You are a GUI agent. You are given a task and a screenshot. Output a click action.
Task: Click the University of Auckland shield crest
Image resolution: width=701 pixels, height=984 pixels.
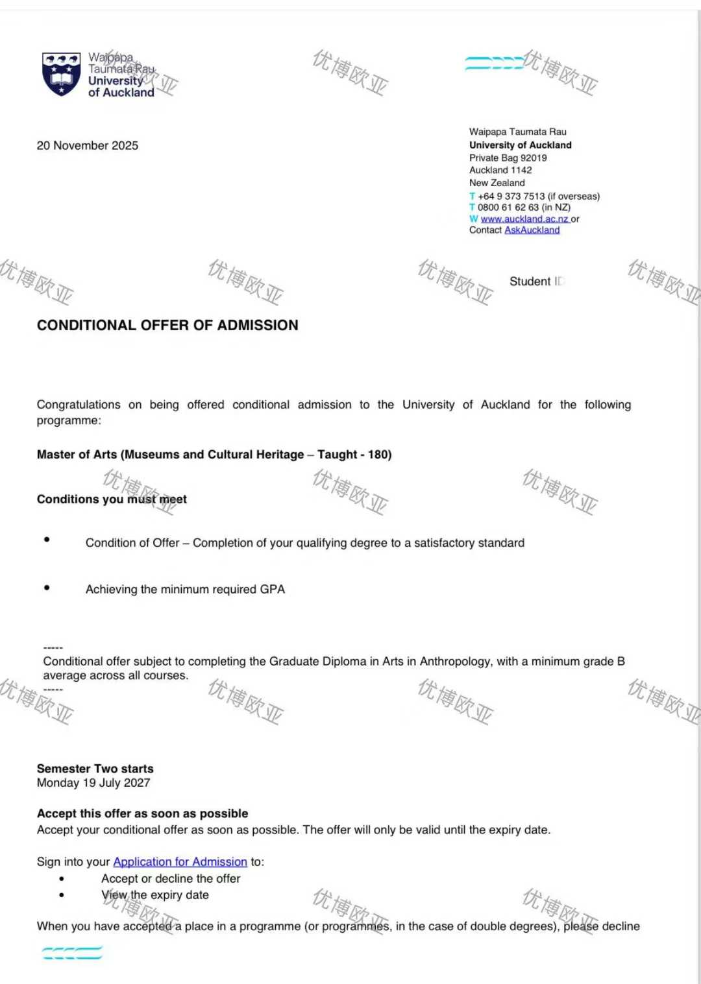click(61, 74)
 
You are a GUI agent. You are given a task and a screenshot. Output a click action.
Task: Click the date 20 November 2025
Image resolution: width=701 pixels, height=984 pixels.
click(88, 145)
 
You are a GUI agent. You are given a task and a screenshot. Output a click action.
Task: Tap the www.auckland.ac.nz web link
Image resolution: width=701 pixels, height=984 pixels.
click(524, 219)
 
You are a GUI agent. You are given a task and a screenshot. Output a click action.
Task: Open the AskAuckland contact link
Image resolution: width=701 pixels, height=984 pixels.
click(532, 230)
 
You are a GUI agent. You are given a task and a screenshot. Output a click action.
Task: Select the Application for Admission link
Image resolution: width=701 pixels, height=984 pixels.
click(180, 861)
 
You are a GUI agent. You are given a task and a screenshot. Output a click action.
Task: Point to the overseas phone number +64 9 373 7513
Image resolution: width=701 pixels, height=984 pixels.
click(511, 196)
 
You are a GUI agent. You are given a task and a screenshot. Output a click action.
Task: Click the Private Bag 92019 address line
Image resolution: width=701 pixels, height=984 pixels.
click(508, 158)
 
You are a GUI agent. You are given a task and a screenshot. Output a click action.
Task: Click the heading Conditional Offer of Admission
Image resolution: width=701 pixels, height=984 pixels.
click(167, 325)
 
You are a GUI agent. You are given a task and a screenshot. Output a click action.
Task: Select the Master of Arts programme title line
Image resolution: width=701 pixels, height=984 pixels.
click(214, 454)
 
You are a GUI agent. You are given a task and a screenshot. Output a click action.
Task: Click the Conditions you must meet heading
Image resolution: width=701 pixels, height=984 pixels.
click(112, 499)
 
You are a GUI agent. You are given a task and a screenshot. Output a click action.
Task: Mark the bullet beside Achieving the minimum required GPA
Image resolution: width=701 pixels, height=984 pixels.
click(47, 588)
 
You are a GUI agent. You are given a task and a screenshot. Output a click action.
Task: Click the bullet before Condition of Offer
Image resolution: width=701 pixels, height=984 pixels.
click(47, 540)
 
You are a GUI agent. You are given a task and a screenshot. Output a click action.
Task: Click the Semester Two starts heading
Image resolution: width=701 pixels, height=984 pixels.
click(95, 769)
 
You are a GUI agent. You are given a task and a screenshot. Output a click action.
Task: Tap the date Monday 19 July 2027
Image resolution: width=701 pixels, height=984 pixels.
click(93, 783)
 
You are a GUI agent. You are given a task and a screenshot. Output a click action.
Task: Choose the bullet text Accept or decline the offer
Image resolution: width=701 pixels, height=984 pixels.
click(171, 878)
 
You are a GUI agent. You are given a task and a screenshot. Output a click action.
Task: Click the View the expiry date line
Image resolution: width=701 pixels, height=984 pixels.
click(155, 894)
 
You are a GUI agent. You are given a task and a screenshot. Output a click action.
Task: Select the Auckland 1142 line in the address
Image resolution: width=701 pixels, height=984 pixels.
click(500, 170)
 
